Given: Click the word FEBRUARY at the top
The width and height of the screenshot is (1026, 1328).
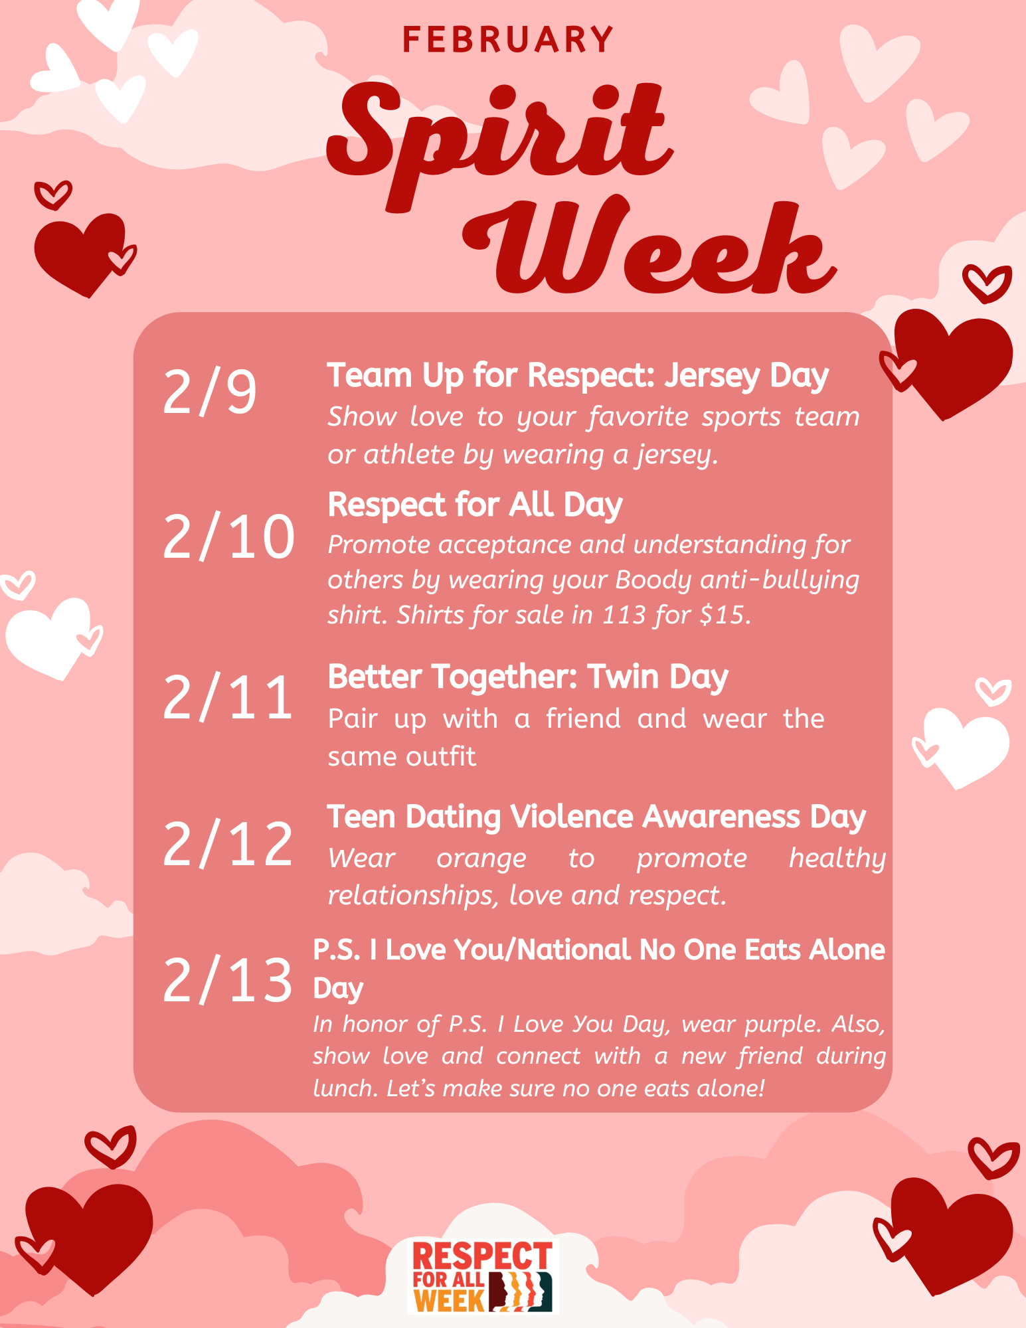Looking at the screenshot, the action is tap(508, 40).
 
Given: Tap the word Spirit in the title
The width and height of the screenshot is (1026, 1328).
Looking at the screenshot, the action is tap(499, 143).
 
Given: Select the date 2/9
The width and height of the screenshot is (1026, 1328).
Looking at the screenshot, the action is tap(209, 392).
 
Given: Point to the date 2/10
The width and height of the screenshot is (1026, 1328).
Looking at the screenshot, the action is tap(228, 537).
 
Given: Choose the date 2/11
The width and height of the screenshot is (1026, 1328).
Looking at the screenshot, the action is tap(228, 697).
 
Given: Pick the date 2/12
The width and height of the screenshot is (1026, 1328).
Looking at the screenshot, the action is tap(228, 843).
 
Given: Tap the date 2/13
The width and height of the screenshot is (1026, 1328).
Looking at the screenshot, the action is tap(228, 979).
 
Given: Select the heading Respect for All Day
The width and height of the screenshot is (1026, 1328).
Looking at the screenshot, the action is tap(475, 505).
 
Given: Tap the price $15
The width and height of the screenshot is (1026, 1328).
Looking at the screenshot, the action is tap(725, 615).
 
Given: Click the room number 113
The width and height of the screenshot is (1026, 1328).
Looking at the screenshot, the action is tap(624, 615).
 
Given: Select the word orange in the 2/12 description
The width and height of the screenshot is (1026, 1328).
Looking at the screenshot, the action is tap(481, 859).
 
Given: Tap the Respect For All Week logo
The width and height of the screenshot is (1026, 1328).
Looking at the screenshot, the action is tap(483, 1276).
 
